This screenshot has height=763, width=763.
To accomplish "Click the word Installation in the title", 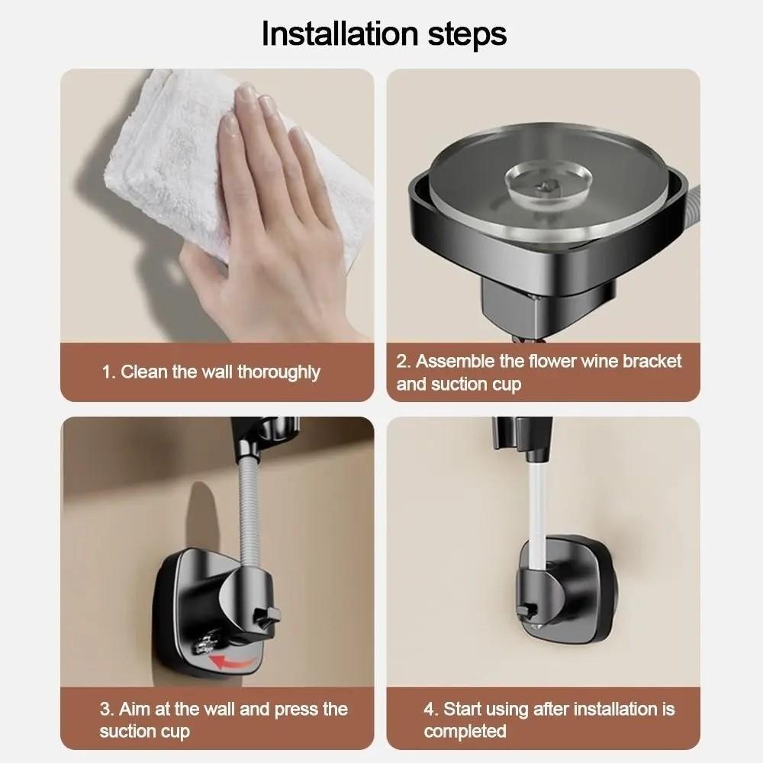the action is [340, 34].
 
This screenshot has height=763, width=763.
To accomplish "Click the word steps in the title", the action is [467, 35].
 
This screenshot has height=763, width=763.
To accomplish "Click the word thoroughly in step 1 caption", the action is [278, 372].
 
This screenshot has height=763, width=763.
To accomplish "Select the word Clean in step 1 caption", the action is [143, 372].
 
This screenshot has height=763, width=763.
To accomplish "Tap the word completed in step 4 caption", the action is [465, 732].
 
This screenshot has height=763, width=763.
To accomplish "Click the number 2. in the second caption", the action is [404, 361].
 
